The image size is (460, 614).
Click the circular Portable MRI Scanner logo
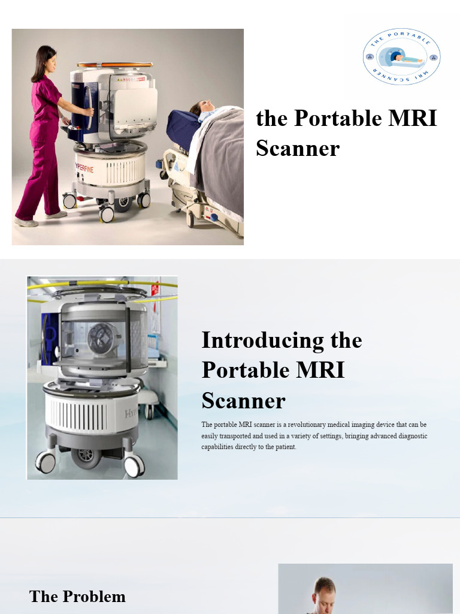401,57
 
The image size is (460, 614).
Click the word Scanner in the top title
298,148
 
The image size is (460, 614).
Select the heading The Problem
77,597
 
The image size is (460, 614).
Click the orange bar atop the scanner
114,64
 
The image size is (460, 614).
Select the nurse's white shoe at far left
26,222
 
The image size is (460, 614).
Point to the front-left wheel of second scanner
46,462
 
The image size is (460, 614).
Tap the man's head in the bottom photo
325,591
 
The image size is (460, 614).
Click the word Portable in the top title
338,118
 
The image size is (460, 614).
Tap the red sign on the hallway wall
155,290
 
